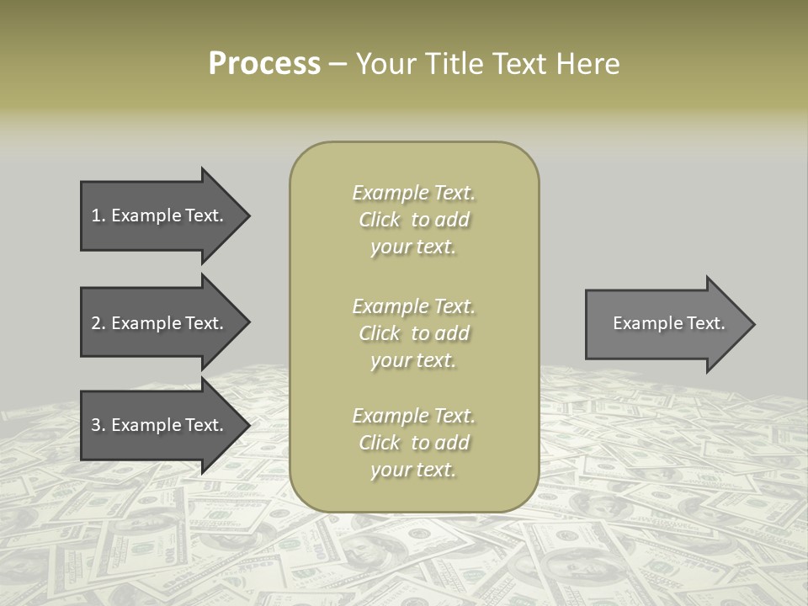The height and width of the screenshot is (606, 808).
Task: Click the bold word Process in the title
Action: pos(264,64)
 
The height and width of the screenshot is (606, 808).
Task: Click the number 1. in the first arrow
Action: pos(98,215)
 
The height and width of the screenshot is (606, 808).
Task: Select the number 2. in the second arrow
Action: pos(98,323)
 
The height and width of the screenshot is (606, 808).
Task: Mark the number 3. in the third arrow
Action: pos(98,425)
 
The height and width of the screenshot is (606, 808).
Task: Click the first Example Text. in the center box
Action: pos(414,193)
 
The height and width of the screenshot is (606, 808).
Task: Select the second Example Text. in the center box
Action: pos(414,306)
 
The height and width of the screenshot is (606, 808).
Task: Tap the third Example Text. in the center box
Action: pos(414,416)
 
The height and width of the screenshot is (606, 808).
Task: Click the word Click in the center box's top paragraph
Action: pos(380,220)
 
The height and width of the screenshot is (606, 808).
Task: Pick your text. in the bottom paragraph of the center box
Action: pos(413,470)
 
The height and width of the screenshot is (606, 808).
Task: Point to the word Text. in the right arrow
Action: pos(704,323)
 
